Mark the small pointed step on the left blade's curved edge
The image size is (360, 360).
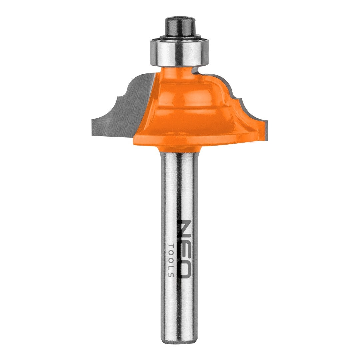[117, 97]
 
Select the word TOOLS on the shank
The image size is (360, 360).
[171, 260]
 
